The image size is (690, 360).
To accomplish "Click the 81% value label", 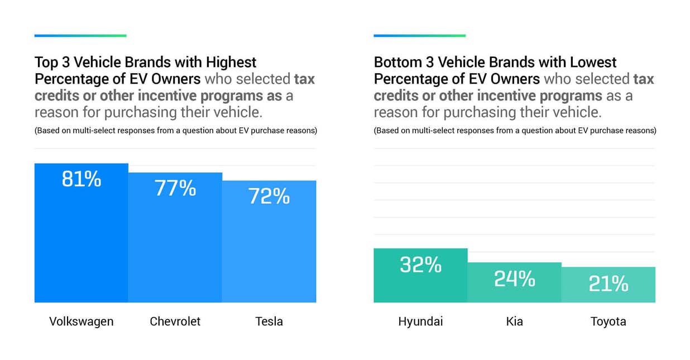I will tap(82, 179).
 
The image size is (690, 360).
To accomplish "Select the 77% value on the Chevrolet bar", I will tap(175, 188).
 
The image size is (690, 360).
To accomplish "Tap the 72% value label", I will tap(269, 196).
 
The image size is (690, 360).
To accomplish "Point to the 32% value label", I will tap(420, 265).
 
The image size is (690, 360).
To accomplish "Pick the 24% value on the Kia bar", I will tap(514, 279).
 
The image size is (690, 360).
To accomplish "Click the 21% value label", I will tap(608, 284).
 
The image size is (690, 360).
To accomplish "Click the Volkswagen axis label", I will tap(82, 321).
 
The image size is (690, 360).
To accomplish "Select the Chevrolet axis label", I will tap(175, 321).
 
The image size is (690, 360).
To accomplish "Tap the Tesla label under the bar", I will tap(269, 321).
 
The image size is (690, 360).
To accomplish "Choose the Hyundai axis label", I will tap(420, 321).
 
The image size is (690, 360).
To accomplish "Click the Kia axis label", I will tap(514, 321).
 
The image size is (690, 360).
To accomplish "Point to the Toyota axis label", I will tap(608, 321).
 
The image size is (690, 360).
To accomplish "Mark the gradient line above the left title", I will tap(80, 36).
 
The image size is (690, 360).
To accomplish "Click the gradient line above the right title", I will tap(419, 36).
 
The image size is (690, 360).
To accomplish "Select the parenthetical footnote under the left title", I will tap(176, 131).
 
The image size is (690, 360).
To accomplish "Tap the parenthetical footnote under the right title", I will tap(515, 131).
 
